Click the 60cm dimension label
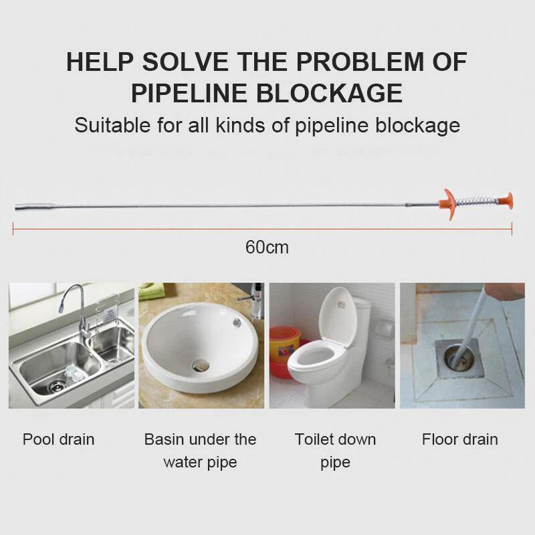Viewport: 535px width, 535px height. pos(267,247)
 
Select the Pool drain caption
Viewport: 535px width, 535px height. pos(59,439)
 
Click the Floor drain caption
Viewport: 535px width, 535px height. pos(460,439)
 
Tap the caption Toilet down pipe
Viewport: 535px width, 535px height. pos(335,450)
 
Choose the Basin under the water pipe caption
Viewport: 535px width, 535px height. pos(200,450)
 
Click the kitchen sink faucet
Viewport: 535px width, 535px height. pos(77,307)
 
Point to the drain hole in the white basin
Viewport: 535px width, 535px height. pos(200,365)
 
